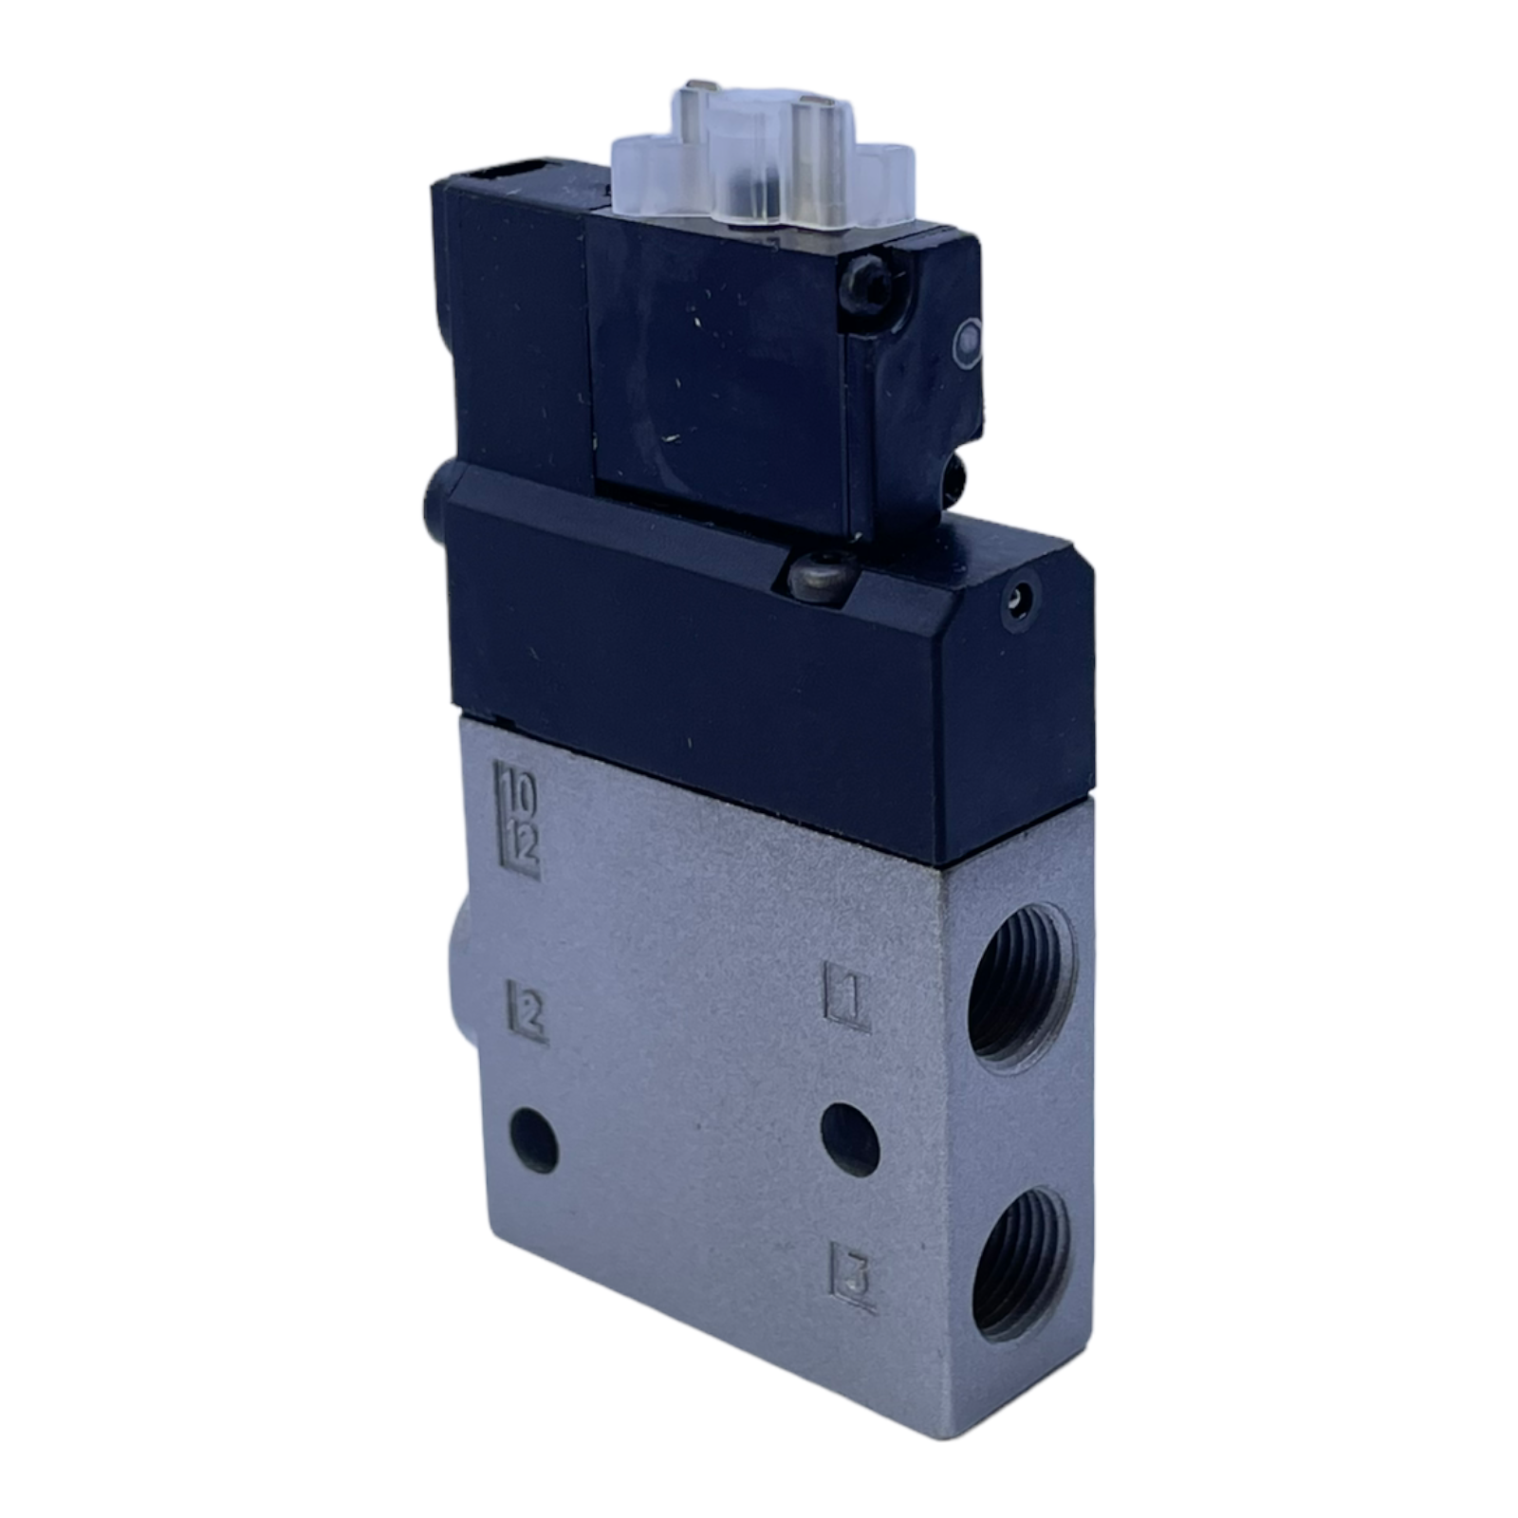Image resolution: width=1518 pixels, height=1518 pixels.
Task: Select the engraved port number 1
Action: [848, 996]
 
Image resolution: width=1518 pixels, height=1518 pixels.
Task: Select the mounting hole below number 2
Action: [534, 1138]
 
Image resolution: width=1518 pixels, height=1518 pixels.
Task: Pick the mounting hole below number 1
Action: [850, 1138]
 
